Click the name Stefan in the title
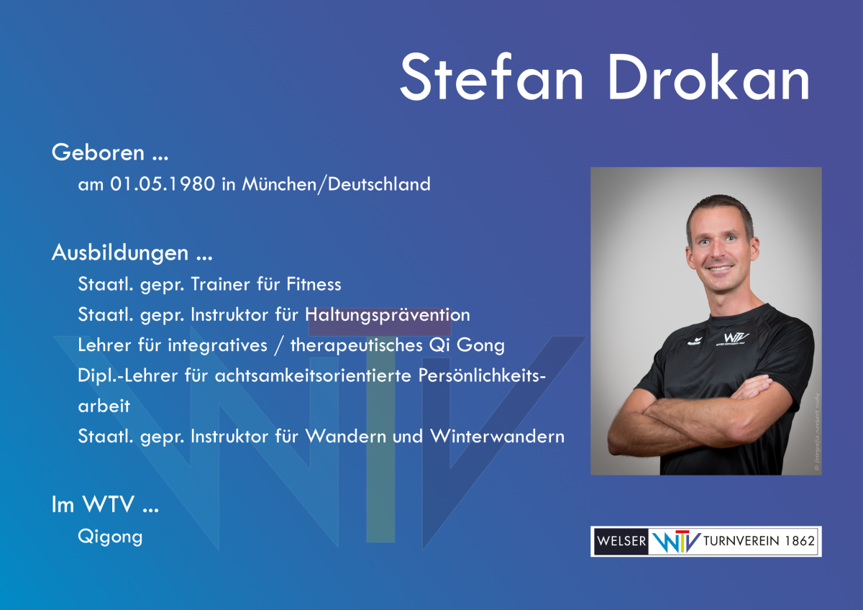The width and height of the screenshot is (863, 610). tap(492, 77)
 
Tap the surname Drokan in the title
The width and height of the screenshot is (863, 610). tap(709, 77)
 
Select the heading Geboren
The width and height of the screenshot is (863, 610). tap(99, 152)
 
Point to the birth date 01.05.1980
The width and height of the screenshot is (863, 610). tap(163, 184)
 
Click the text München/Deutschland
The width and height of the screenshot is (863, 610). tap(336, 184)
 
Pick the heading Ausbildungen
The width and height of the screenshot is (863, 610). tap(120, 252)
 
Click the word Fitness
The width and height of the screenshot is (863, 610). tap(314, 284)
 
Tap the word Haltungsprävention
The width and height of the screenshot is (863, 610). tap(388, 315)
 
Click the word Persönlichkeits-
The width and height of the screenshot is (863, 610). tap(482, 375)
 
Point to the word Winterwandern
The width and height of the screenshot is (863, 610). tap(498, 436)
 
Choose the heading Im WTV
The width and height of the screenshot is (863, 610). tap(93, 504)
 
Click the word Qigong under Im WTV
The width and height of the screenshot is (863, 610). tap(110, 537)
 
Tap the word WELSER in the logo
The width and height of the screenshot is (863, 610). tap(621, 541)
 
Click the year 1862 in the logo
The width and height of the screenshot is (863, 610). tap(800, 541)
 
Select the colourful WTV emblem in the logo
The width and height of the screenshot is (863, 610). tap(676, 542)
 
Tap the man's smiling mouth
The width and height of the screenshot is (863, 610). tap(720, 268)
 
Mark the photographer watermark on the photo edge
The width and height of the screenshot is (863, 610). tap(817, 432)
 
